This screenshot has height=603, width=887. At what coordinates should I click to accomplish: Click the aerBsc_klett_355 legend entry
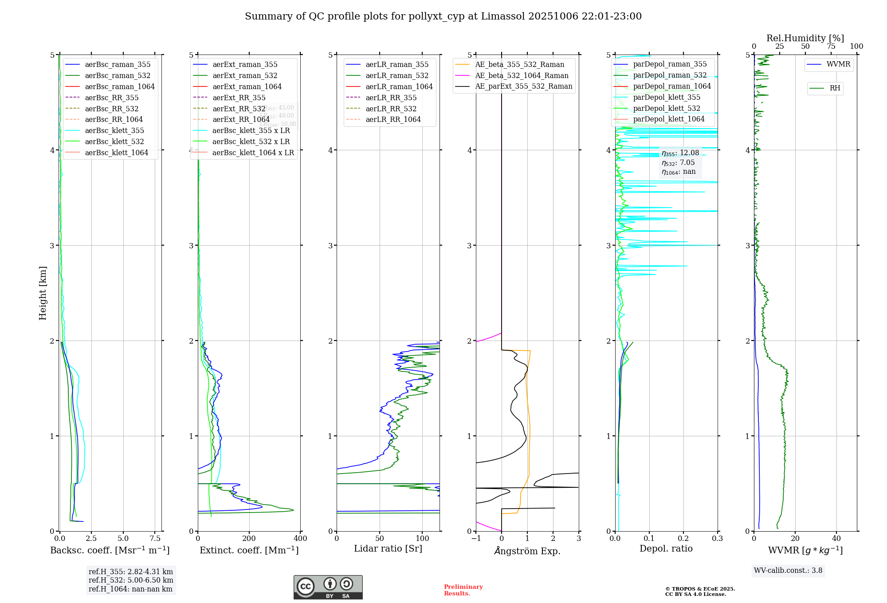tap(114, 130)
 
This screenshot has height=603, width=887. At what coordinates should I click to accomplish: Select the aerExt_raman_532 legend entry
tap(245, 75)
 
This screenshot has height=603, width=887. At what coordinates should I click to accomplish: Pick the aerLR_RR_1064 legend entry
tap(393, 119)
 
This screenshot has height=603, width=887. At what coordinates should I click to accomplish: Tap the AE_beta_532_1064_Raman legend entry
tap(522, 75)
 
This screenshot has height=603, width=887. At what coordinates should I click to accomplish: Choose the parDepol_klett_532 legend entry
tap(667, 108)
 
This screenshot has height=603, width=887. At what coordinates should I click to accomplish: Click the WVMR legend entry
tap(838, 64)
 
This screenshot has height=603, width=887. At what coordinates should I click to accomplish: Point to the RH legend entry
tap(835, 88)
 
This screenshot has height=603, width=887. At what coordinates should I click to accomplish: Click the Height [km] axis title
tap(43, 293)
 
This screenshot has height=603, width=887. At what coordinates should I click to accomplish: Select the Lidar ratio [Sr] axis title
tap(388, 548)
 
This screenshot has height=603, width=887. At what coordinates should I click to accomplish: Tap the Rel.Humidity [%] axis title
tap(805, 38)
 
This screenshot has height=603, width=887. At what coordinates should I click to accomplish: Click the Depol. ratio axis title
tap(666, 548)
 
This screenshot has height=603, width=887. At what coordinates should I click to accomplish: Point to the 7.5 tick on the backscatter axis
tap(155, 539)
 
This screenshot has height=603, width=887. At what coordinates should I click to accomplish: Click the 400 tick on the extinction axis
tap(300, 539)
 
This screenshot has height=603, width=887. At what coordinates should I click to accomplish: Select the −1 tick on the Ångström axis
tap(476, 539)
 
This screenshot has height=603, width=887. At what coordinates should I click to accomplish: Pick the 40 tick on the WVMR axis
tap(836, 539)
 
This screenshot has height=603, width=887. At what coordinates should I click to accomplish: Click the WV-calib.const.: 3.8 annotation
tap(788, 571)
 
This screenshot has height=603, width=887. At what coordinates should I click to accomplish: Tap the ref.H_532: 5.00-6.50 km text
tap(131, 580)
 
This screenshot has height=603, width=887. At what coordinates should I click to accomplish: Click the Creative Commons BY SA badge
tap(328, 587)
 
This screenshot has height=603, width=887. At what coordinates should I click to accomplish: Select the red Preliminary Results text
tap(463, 590)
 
